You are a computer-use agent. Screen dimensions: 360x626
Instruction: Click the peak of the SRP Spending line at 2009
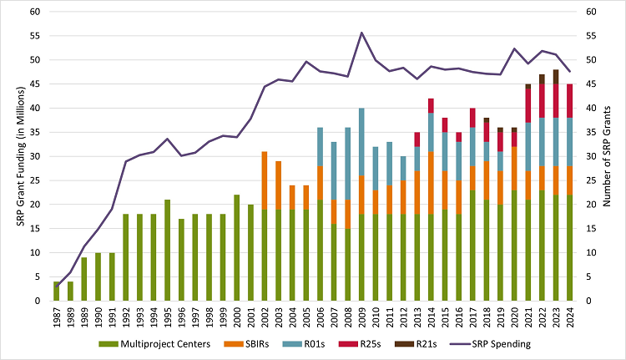tap(361, 33)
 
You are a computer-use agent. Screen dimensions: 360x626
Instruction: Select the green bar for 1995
tap(168, 251)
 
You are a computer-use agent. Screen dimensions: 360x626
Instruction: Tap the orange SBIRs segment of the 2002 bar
tap(265, 180)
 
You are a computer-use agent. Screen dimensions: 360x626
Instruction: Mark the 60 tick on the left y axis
tap(34, 12)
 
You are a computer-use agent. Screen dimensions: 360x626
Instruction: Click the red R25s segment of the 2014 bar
tap(431, 105)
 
